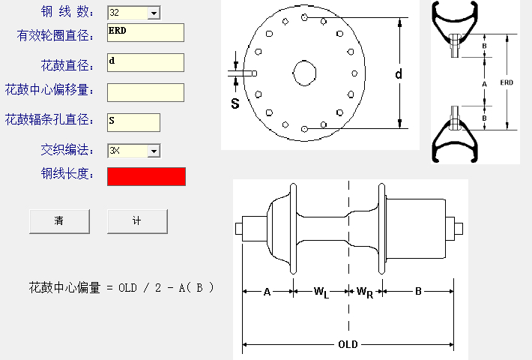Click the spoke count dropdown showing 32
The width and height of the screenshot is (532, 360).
pos(133,13)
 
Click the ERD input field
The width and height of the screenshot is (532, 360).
pos(145,33)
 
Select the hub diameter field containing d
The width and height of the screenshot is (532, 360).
pos(145,62)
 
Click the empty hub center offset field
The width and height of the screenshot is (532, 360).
pos(145,92)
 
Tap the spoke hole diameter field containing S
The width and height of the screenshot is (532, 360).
pos(133,122)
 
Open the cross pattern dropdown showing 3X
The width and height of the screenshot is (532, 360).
pos(133,151)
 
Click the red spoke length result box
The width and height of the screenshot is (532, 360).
pos(146,176)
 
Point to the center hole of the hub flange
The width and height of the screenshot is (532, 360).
pos(305,73)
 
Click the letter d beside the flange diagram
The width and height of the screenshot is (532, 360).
pos(399,73)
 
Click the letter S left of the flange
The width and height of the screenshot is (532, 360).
pos(235,103)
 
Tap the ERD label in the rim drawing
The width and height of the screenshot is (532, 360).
pos(507,82)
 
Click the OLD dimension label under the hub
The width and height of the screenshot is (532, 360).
pos(348,345)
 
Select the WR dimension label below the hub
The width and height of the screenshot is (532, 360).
pos(365,292)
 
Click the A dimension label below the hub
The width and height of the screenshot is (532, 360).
pos(267,292)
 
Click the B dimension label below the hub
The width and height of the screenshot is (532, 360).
pos(418,292)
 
